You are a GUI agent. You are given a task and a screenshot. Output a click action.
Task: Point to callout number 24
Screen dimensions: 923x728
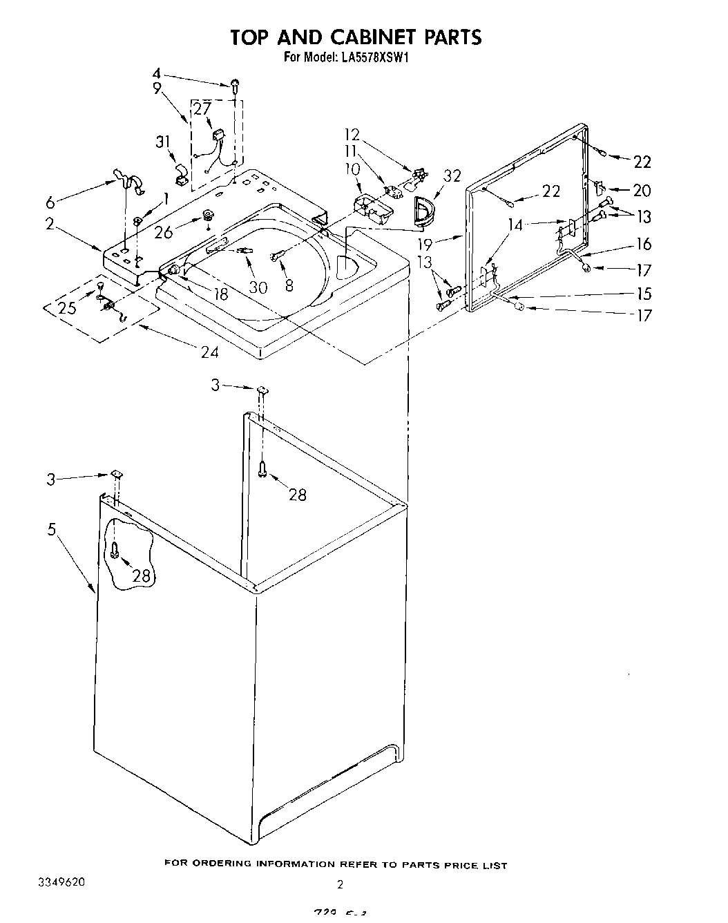coord(209,352)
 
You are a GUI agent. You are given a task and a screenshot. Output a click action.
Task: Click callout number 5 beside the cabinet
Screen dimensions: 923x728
coord(52,529)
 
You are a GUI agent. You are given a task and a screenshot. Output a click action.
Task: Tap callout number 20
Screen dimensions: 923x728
coord(642,190)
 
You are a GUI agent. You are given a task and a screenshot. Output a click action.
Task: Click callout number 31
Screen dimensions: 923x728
coord(163,142)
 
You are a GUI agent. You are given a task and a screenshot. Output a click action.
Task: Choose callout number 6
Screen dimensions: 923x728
coord(49,202)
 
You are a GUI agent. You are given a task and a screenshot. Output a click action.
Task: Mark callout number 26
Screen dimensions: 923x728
coord(164,233)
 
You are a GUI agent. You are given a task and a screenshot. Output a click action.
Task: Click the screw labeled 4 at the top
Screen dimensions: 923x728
coord(236,85)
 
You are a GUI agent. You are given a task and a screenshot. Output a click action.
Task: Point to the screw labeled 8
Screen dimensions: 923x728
coord(278,256)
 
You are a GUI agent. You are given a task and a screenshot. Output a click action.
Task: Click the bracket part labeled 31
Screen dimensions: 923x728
coord(181,175)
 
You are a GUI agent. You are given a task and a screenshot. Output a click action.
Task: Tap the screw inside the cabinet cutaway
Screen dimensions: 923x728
coord(115,551)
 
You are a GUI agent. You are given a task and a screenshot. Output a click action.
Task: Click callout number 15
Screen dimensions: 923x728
coord(643,294)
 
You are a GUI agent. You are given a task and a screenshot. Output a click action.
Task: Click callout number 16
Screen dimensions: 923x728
coord(643,244)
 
